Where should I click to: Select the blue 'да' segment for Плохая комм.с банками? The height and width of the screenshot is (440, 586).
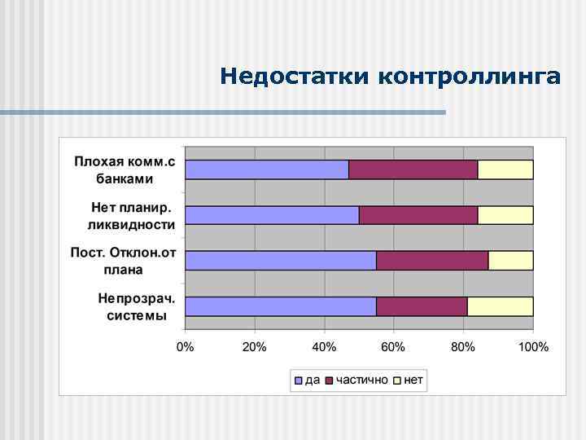pyautogui.click(x=267, y=169)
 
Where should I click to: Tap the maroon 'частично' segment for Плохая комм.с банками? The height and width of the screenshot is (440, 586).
pyautogui.click(x=413, y=169)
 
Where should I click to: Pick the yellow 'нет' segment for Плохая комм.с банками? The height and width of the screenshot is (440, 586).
pyautogui.click(x=505, y=169)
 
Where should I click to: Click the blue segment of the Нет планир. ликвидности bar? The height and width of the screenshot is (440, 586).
pyautogui.click(x=272, y=215)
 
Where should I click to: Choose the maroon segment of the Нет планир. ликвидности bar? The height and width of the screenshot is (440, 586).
pyautogui.click(x=418, y=215)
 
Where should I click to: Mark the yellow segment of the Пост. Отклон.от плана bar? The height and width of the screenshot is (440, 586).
pyautogui.click(x=510, y=261)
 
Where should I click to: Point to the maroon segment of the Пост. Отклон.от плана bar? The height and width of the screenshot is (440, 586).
pyautogui.click(x=431, y=261)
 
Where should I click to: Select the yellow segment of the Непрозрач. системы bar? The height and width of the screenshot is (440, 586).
pyautogui.click(x=500, y=306)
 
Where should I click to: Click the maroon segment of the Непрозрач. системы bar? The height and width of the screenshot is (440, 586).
pyautogui.click(x=422, y=306)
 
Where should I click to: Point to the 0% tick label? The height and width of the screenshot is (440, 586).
pyautogui.click(x=186, y=348)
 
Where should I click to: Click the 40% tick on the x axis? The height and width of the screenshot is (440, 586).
pyautogui.click(x=325, y=348)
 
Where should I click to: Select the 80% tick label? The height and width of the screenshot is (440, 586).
pyautogui.click(x=463, y=348)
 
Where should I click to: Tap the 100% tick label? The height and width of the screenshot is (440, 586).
pyautogui.click(x=533, y=348)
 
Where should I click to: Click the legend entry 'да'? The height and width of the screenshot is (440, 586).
pyautogui.click(x=308, y=381)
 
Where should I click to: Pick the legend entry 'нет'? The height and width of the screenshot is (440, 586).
pyautogui.click(x=409, y=381)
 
